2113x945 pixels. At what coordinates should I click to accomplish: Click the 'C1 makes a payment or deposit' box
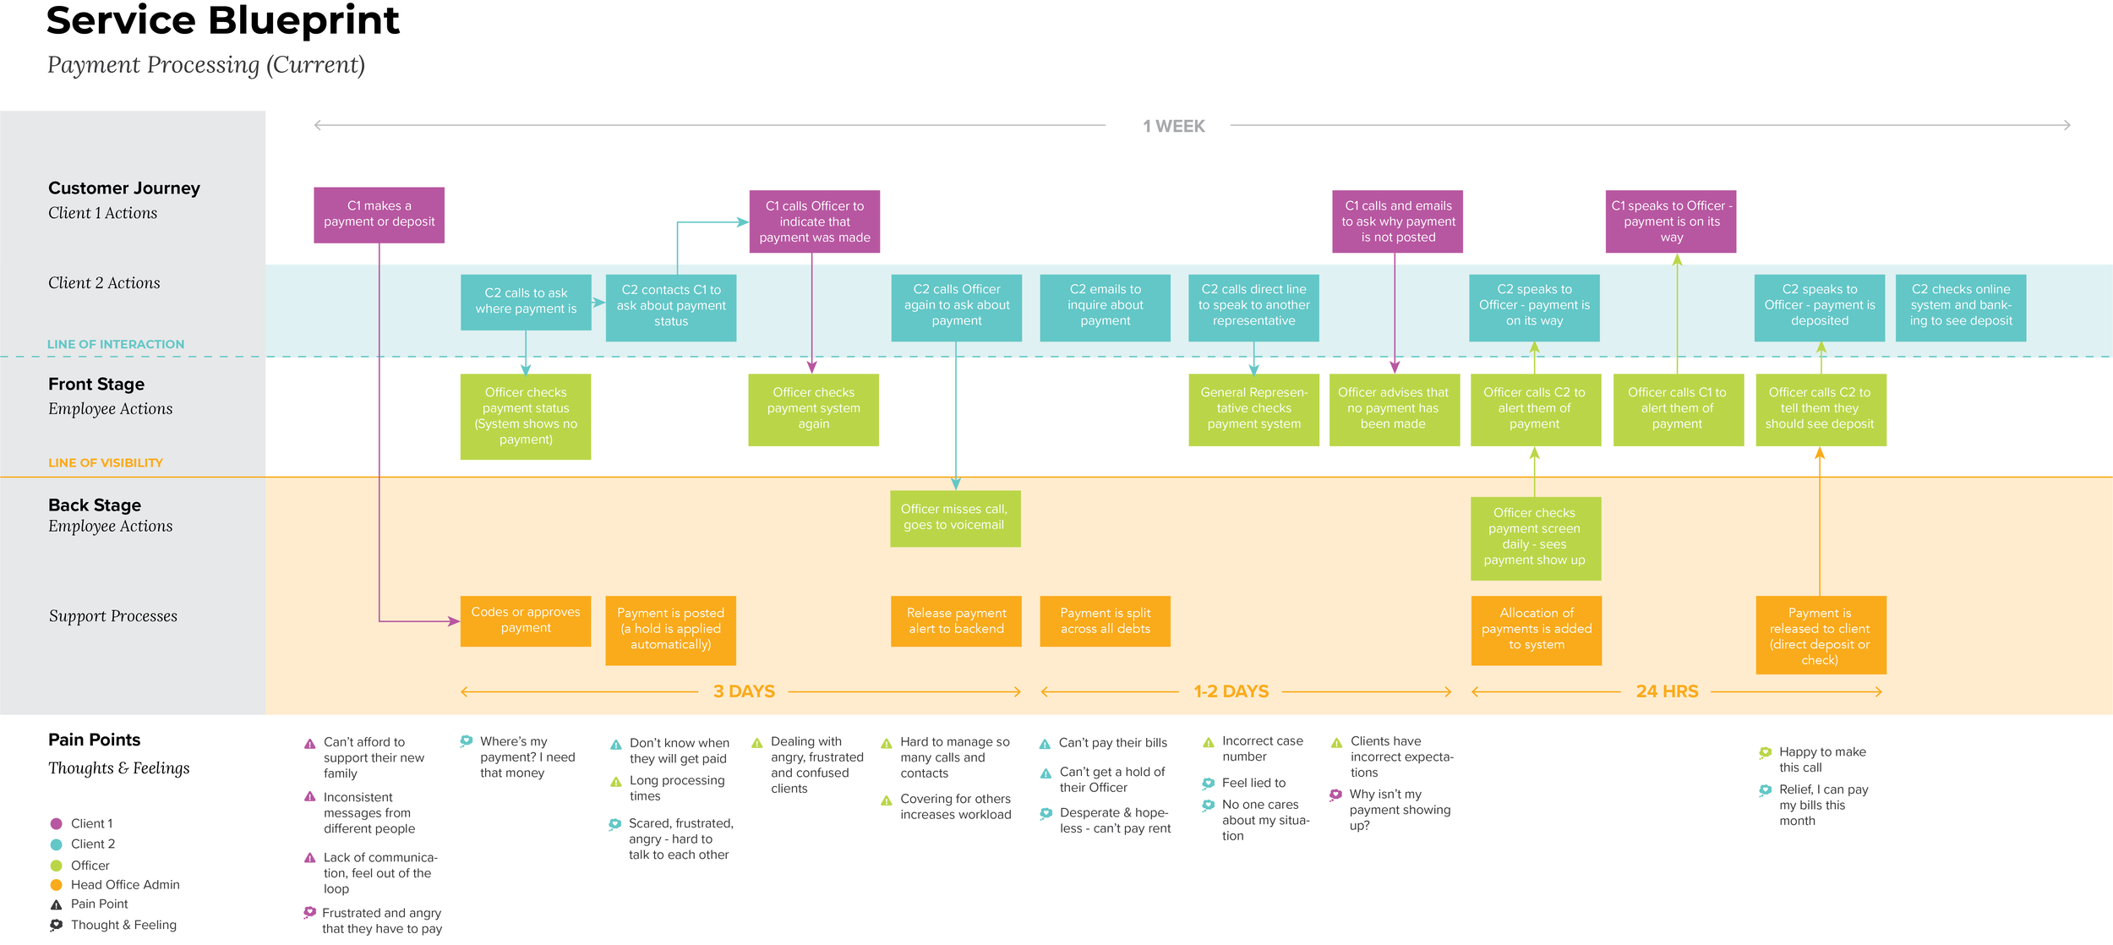[379, 215]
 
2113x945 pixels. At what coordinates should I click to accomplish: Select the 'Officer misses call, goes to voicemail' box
[955, 518]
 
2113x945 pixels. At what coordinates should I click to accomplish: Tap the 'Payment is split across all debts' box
[1105, 621]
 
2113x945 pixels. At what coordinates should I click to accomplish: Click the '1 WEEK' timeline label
[1173, 127]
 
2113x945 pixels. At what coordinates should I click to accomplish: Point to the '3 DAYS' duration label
[744, 691]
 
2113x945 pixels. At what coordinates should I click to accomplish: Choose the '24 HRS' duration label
[1666, 691]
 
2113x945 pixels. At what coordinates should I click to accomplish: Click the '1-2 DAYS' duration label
[1231, 691]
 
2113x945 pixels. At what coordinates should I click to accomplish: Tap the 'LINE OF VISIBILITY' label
[106, 463]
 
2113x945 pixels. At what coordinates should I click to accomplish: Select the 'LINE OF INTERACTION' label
[116, 344]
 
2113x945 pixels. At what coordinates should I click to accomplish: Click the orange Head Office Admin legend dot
[57, 885]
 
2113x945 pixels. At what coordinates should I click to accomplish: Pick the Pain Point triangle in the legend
[57, 904]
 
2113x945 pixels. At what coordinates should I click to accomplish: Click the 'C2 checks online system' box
[1960, 307]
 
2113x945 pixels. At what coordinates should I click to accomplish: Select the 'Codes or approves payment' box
[525, 621]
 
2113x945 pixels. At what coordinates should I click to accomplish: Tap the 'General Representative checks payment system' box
[1253, 409]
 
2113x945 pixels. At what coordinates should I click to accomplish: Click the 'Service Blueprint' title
[223, 21]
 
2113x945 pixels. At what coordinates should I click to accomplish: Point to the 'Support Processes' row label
[113, 616]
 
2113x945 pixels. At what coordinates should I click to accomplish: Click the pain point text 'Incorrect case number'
[1262, 749]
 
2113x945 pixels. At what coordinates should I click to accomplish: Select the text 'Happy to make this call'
[1821, 760]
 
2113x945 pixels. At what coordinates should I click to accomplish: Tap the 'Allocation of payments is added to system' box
[1536, 630]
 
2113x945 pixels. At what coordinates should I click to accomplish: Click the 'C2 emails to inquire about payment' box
[1105, 307]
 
